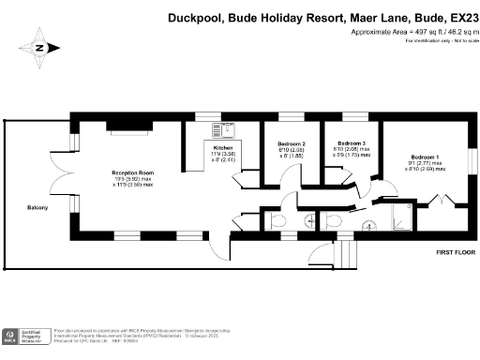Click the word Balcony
click(x=37, y=207)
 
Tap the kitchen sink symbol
click(x=225, y=129)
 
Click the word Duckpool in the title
click(x=191, y=16)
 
